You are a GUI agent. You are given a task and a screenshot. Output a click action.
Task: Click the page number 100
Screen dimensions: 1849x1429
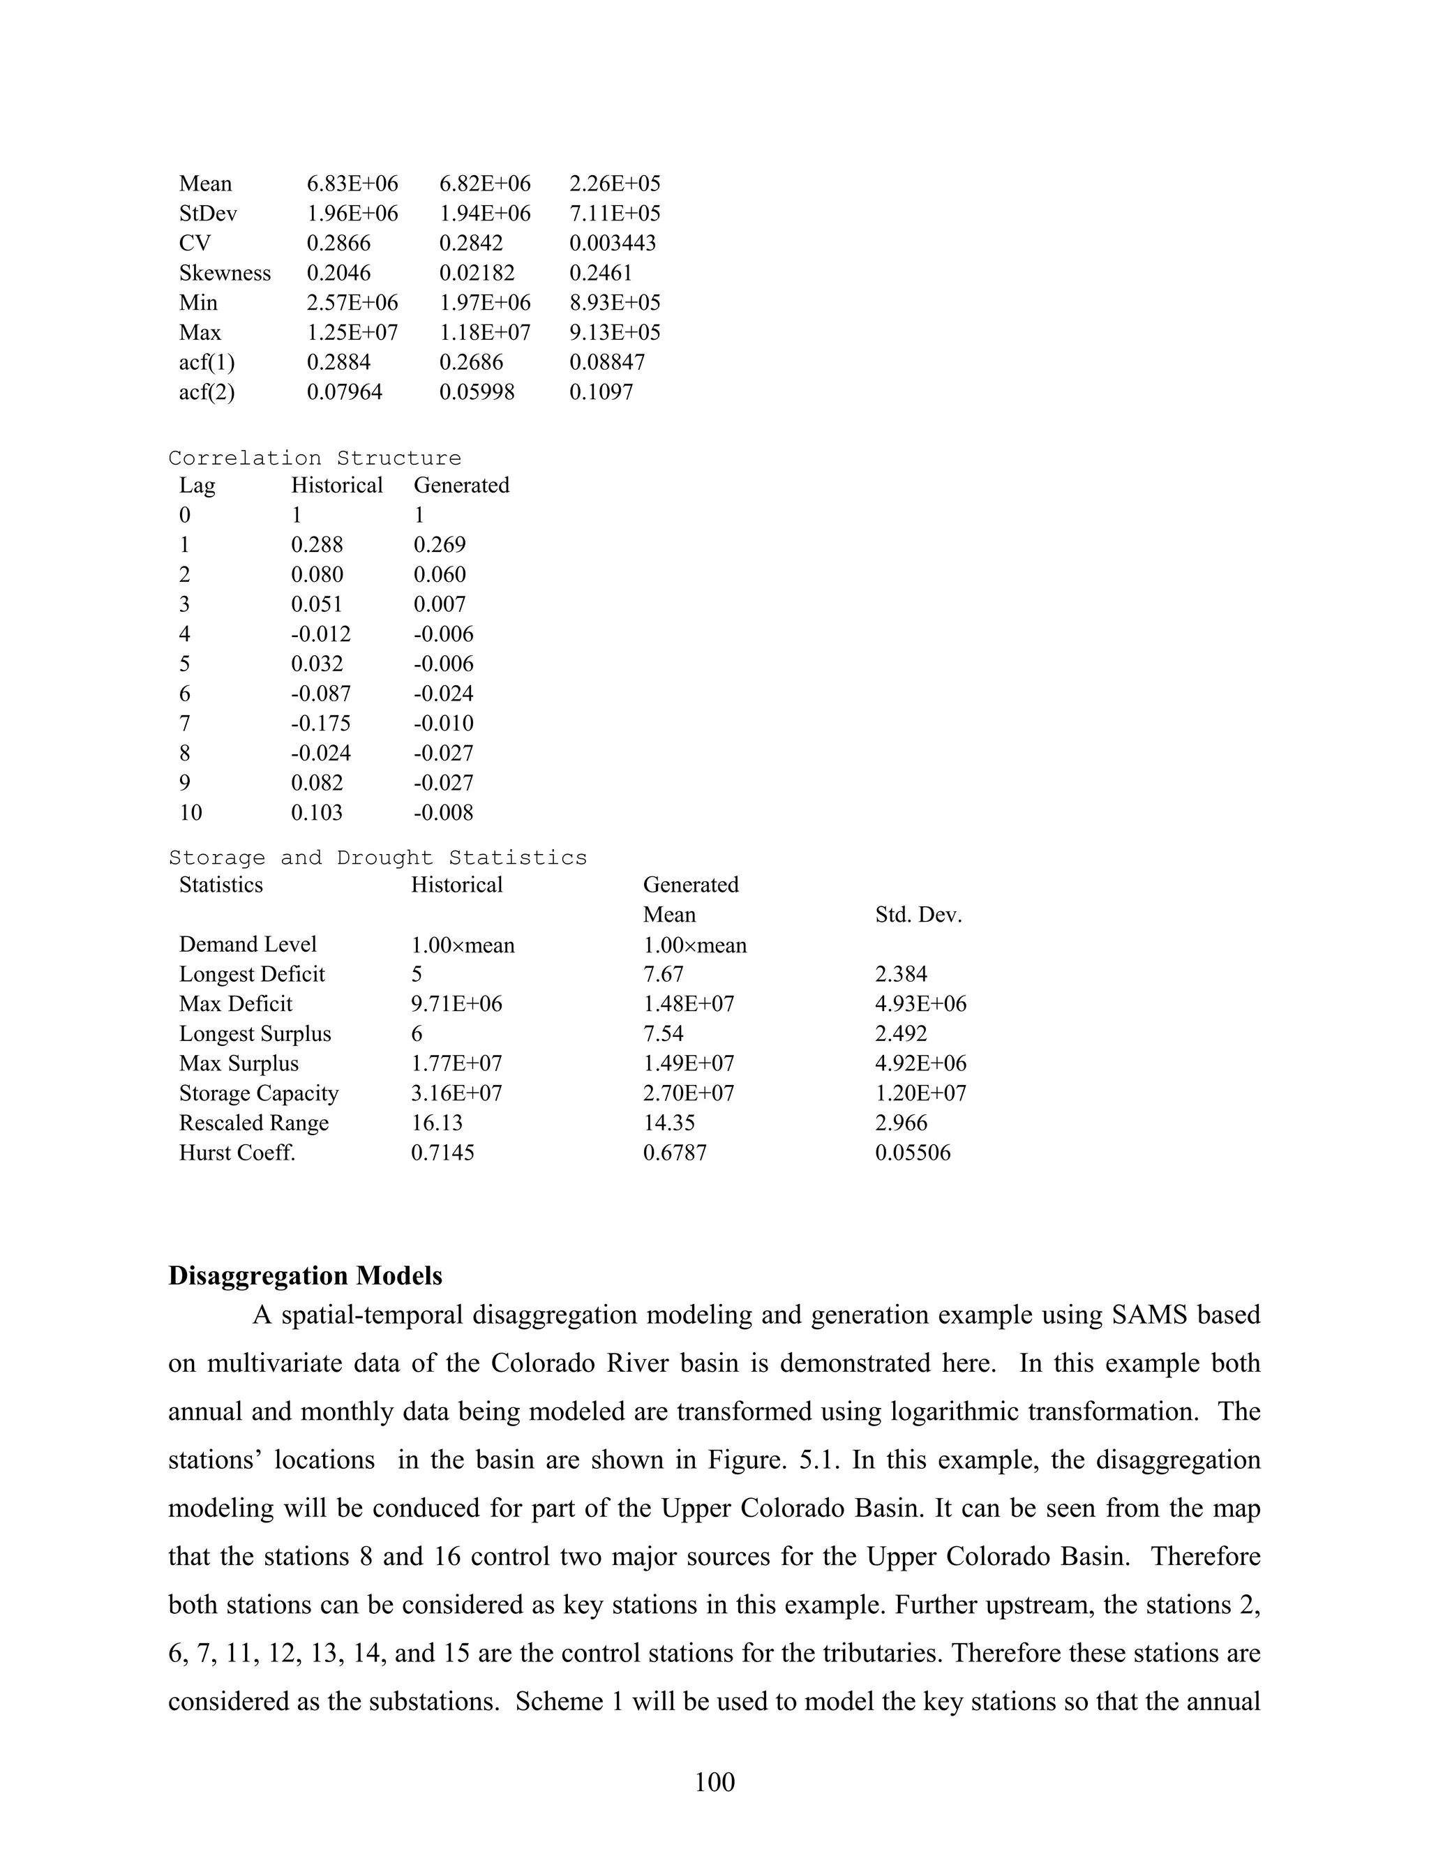[x=714, y=1782]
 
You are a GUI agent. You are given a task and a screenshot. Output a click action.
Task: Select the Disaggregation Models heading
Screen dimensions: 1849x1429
[x=305, y=1276]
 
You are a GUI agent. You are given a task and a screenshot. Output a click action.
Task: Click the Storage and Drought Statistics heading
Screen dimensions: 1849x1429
[x=377, y=858]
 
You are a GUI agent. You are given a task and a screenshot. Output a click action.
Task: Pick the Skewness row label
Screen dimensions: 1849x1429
[x=225, y=273]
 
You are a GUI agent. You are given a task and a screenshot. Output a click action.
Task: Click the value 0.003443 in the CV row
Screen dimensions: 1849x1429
[x=612, y=243]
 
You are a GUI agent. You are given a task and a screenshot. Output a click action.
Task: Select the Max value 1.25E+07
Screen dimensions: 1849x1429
[x=352, y=332]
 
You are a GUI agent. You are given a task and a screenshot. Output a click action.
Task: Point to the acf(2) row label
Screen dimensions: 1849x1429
[x=207, y=392]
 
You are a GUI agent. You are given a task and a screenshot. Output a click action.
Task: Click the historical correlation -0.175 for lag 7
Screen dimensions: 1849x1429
[x=321, y=723]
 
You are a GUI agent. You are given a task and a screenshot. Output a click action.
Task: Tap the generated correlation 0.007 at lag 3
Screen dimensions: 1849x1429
[x=440, y=604]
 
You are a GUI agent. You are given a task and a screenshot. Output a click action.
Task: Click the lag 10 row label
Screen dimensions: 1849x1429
[x=190, y=813]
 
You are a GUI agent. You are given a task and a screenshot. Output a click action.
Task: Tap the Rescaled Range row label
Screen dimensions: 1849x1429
[x=253, y=1123]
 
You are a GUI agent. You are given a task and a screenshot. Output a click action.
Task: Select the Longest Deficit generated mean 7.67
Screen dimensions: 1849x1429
[x=663, y=975]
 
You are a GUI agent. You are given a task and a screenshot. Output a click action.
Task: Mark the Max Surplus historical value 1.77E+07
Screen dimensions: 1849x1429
[x=456, y=1063]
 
